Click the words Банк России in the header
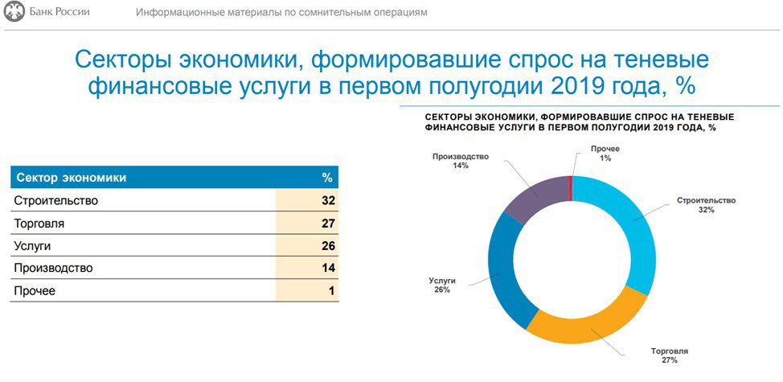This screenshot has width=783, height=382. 59,12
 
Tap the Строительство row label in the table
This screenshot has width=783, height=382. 55,200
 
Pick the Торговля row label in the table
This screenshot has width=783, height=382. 39,223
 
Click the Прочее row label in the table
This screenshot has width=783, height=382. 35,290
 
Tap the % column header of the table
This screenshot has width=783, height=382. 327,177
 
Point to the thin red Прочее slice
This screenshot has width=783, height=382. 571,187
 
